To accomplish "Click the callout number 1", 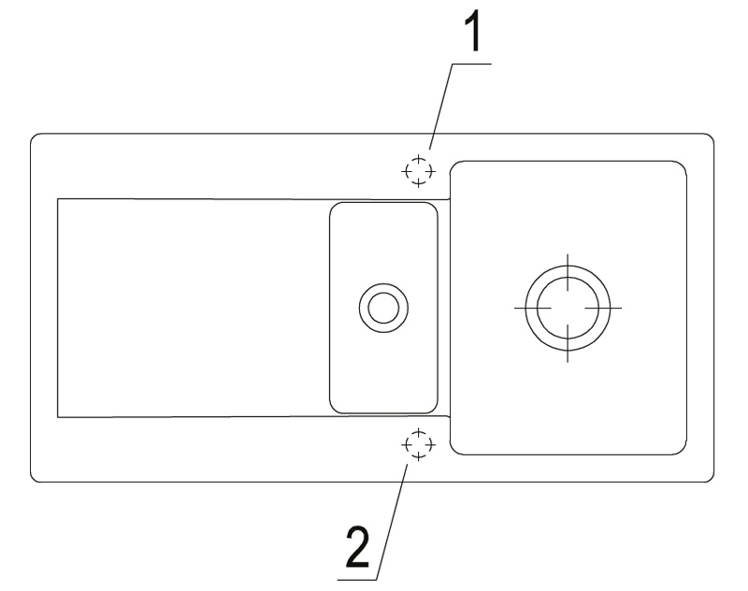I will click(474, 36).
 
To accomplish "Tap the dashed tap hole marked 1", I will click(418, 171).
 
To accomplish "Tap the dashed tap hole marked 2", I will click(418, 444).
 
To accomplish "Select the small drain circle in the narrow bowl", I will click(381, 307).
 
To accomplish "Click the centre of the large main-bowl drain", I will click(567, 307).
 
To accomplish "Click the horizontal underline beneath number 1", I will click(467, 63).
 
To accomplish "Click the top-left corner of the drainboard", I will click(58, 198).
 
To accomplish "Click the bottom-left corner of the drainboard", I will click(58, 416).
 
